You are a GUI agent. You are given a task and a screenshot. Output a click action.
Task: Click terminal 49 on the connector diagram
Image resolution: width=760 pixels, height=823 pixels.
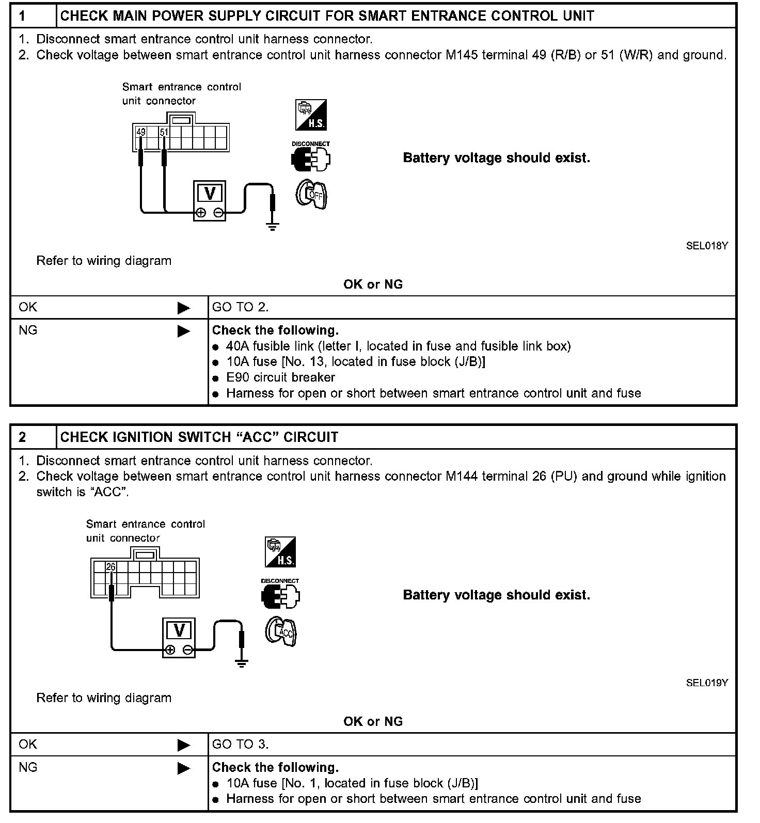(x=141, y=132)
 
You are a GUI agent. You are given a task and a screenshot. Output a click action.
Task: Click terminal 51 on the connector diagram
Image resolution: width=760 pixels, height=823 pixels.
(x=164, y=132)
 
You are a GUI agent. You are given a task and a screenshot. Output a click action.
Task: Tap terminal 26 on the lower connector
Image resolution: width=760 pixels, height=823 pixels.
(x=111, y=567)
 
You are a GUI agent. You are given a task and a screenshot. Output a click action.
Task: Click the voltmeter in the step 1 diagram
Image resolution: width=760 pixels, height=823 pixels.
(x=210, y=200)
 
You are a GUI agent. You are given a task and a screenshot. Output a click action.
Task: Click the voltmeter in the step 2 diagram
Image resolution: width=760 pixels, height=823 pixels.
(x=179, y=637)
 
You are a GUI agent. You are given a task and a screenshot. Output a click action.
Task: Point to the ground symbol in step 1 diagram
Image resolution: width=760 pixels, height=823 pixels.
(x=272, y=225)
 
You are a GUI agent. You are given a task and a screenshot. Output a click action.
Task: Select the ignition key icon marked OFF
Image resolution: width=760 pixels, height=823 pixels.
(x=312, y=195)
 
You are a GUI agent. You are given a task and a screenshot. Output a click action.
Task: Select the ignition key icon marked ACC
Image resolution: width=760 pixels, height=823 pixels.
(x=281, y=632)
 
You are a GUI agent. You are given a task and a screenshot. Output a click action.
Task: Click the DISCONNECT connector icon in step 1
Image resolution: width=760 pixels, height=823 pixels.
(x=311, y=158)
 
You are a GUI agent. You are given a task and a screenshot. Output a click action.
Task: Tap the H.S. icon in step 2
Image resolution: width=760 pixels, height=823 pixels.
(x=280, y=552)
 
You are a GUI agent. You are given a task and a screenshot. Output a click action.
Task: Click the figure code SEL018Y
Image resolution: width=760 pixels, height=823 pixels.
(x=707, y=246)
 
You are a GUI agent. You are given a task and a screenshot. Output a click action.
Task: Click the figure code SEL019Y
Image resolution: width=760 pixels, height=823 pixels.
(x=707, y=683)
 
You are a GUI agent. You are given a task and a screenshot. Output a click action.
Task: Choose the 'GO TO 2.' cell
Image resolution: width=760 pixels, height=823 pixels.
(x=240, y=307)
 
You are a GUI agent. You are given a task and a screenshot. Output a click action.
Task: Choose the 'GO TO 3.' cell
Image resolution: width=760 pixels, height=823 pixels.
(x=240, y=744)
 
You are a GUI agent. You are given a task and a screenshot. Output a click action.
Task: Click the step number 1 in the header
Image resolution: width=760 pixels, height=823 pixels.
(x=22, y=16)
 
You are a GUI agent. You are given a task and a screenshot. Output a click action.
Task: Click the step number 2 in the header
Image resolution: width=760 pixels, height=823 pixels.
(x=22, y=437)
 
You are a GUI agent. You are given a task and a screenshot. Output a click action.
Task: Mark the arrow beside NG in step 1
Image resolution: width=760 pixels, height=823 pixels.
(x=183, y=331)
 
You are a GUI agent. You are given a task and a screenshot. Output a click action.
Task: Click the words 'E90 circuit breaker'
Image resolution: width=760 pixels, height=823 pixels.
(x=280, y=377)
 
